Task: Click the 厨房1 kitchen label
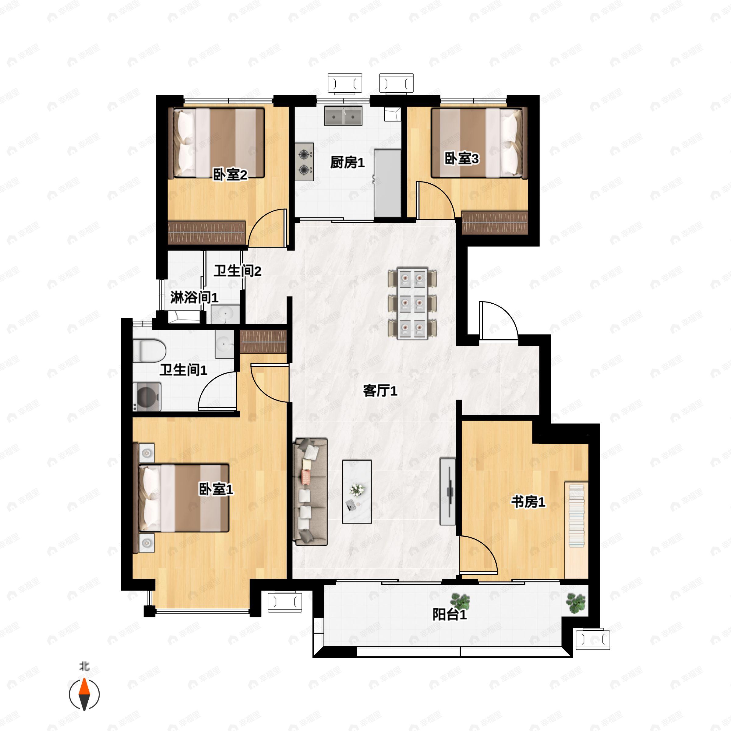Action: pyautogui.click(x=347, y=163)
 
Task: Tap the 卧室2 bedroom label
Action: pyautogui.click(x=230, y=175)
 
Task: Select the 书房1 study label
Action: pyautogui.click(x=528, y=502)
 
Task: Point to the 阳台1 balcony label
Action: pyautogui.click(x=450, y=614)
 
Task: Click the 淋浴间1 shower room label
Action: pyautogui.click(x=194, y=297)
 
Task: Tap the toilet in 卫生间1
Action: pyautogui.click(x=150, y=350)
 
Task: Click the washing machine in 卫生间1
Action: pyautogui.click(x=147, y=397)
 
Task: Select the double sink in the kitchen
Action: pyautogui.click(x=343, y=116)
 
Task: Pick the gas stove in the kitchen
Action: pyautogui.click(x=304, y=161)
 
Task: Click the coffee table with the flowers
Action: pyautogui.click(x=357, y=492)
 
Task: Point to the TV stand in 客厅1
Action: pyautogui.click(x=448, y=492)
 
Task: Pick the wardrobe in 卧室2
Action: pyautogui.click(x=207, y=232)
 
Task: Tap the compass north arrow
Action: pyautogui.click(x=84, y=694)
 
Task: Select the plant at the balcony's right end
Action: pyautogui.click(x=576, y=603)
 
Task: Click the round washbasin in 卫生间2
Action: pyautogui.click(x=225, y=314)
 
